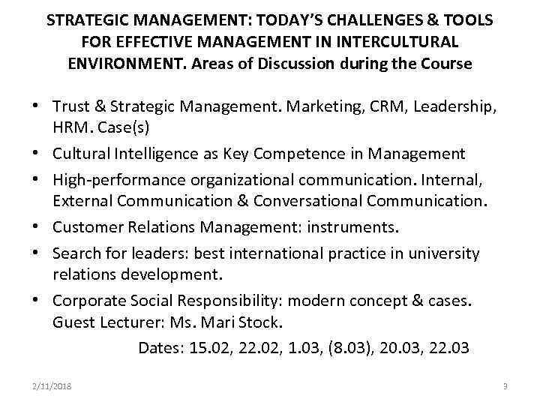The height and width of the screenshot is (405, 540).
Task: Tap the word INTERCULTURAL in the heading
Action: click(x=405, y=41)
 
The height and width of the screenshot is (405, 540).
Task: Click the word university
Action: click(x=440, y=253)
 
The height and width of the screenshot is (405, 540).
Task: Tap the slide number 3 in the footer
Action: click(x=505, y=386)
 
